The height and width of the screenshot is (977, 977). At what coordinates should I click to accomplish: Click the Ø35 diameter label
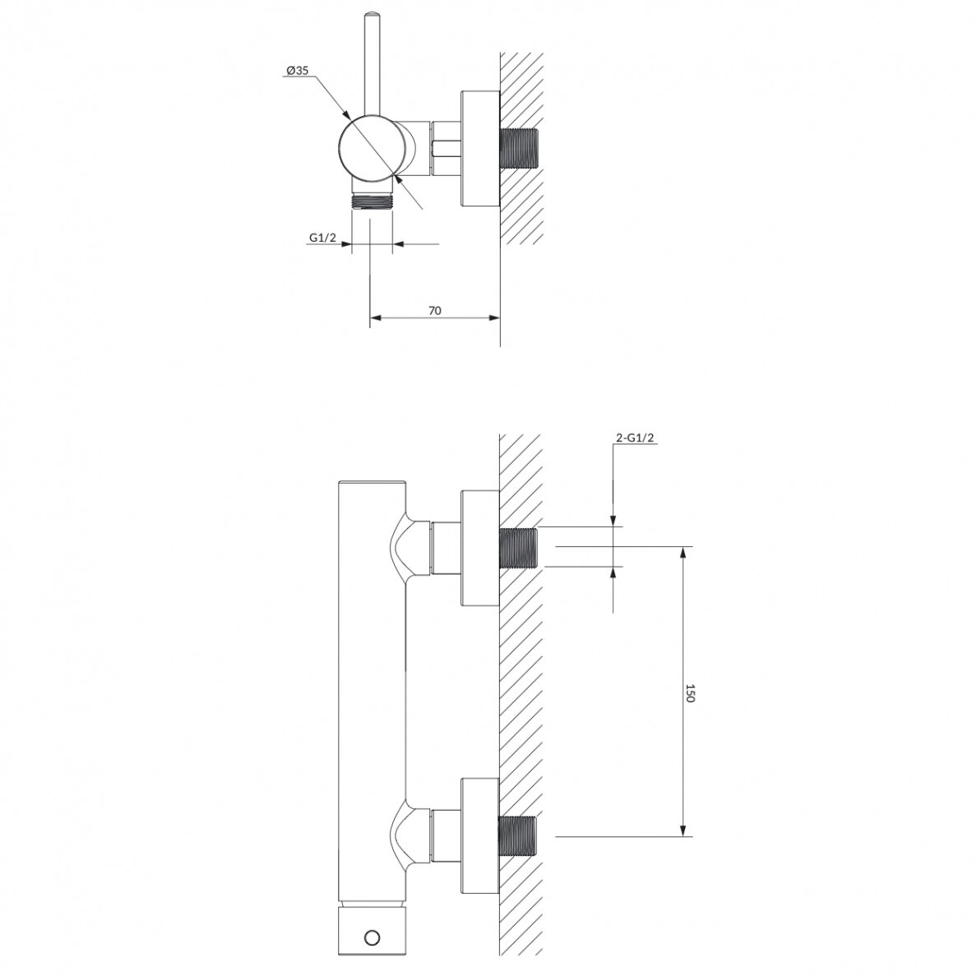tap(297, 71)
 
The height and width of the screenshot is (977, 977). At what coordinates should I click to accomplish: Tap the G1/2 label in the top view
tap(322, 238)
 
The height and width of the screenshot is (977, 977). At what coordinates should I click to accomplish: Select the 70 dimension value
tap(435, 310)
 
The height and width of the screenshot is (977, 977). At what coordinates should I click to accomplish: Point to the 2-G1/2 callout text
tap(635, 438)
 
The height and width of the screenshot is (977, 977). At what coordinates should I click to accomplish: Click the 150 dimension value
tap(690, 693)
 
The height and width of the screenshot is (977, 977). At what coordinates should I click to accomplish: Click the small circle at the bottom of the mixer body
tap(373, 938)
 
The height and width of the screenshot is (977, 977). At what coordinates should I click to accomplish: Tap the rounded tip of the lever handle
tap(372, 14)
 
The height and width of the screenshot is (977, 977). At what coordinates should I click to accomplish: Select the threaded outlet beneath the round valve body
tap(372, 201)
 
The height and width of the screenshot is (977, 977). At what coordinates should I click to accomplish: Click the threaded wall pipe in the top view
tap(518, 148)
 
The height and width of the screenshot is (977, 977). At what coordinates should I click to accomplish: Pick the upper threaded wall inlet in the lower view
tap(518, 548)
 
